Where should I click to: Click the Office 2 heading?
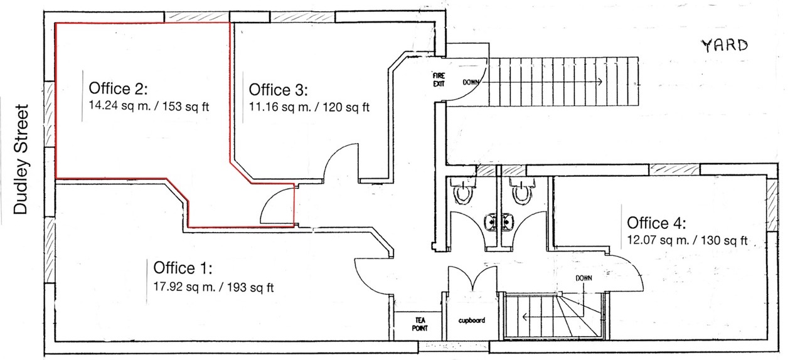(118, 88)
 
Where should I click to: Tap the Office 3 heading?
(278, 90)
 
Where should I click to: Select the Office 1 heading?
(183, 268)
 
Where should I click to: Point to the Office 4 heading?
(656, 223)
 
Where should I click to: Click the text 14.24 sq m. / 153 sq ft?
(149, 106)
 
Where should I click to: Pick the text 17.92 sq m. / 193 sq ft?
(213, 287)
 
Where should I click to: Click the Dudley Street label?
(21, 159)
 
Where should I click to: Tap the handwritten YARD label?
(725, 46)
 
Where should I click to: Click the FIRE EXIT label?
(439, 80)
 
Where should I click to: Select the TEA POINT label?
(420, 324)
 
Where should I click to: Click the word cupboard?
(471, 320)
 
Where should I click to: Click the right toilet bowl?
(522, 191)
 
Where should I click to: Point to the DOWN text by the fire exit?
(471, 82)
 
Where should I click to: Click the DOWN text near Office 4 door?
(584, 278)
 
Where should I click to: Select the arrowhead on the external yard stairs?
(600, 82)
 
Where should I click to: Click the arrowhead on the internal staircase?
(525, 317)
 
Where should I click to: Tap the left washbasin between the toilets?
(491, 222)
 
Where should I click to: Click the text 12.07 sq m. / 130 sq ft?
(687, 240)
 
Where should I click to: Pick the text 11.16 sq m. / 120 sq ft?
(309, 107)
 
